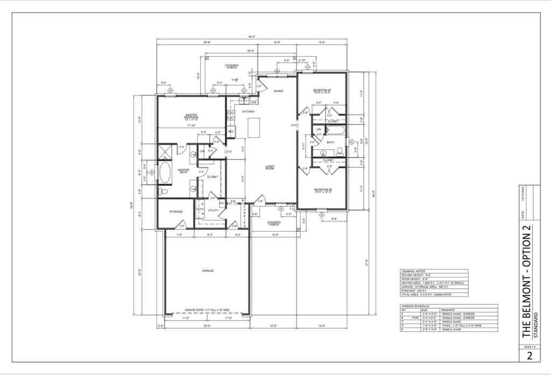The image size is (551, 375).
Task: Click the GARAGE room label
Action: pyautogui.click(x=208, y=270)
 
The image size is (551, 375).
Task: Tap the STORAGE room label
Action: pyautogui.click(x=176, y=212)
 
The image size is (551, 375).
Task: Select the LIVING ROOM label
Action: pyautogui.click(x=270, y=168)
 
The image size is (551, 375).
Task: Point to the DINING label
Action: pyautogui.click(x=278, y=91)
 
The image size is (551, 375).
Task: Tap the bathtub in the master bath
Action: pyautogui.click(x=164, y=173)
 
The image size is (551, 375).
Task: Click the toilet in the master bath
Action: pyautogui.click(x=164, y=191)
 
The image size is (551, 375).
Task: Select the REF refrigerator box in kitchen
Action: pyautogui.click(x=231, y=131)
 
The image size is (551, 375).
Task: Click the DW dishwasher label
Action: pyautogui.click(x=253, y=102)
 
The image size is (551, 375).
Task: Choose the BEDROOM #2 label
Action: pyautogui.click(x=322, y=190)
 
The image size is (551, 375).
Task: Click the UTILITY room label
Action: pyautogui.click(x=213, y=211)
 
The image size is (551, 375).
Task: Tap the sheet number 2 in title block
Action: pyautogui.click(x=529, y=356)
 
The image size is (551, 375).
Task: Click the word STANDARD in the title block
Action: pyautogui.click(x=535, y=318)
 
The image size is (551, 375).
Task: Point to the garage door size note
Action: pyautogui.click(x=208, y=311)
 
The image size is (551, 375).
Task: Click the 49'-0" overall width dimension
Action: pyautogui.click(x=252, y=37)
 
